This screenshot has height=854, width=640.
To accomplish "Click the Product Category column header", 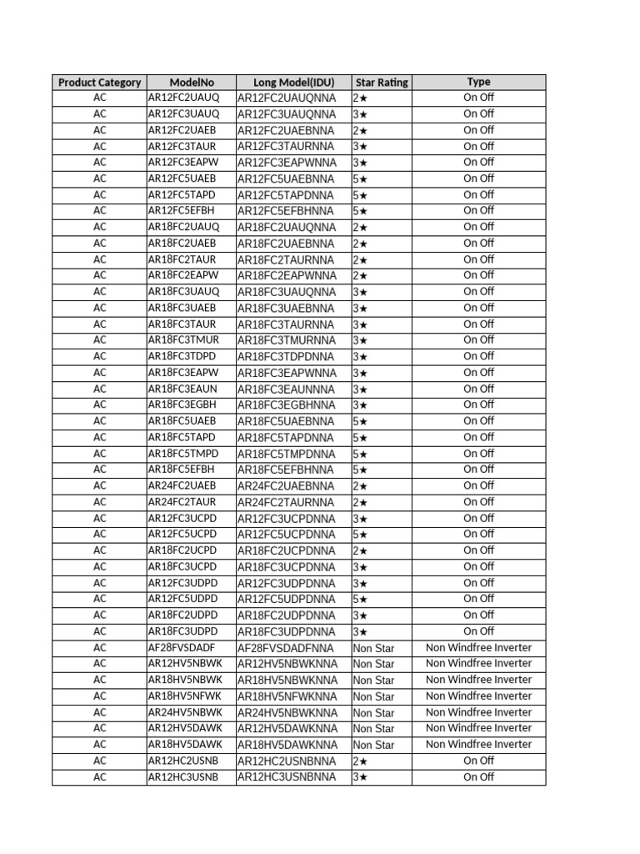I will click(x=99, y=83).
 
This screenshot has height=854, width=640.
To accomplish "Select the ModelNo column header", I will click(x=192, y=83).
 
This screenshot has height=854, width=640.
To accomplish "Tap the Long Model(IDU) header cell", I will click(x=293, y=83).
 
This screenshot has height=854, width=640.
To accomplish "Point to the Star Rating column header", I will click(x=382, y=83).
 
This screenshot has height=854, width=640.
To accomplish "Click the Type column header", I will click(x=478, y=82).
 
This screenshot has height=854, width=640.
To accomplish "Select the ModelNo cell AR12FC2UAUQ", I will click(x=184, y=98).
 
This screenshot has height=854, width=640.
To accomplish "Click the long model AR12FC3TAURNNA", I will click(x=287, y=147).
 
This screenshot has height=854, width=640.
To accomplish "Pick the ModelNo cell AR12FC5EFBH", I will click(x=182, y=211).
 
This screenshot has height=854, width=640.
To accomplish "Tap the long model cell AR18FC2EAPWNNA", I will click(x=287, y=276).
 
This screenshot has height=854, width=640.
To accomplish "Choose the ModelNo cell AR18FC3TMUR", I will click(x=184, y=340).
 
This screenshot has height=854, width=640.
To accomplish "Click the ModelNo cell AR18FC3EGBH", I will click(x=183, y=405).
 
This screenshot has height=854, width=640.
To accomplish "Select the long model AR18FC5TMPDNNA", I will click(x=287, y=454).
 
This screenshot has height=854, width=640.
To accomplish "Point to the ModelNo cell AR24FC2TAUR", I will click(x=182, y=502).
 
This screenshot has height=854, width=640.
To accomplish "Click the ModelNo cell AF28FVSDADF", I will click(x=182, y=648).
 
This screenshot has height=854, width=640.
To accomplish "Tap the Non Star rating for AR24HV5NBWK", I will click(x=373, y=713).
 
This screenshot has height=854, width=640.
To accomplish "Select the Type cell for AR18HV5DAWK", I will click(x=478, y=745).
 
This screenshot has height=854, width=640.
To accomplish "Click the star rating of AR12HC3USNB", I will click(x=360, y=777).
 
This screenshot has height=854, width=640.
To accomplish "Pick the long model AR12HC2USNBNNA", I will click(x=287, y=761).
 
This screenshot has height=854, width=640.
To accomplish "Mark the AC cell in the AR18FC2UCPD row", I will click(x=100, y=550).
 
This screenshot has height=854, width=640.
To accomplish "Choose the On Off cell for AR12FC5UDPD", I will click(x=478, y=599).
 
